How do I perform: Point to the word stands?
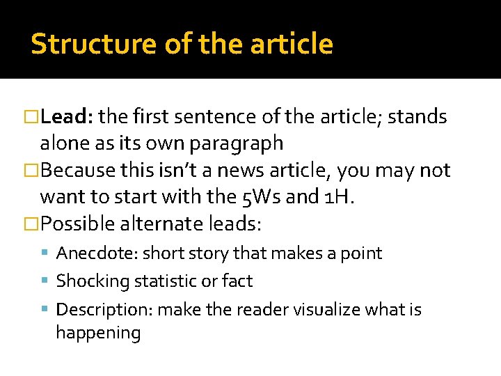click(x=417, y=117)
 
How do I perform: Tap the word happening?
click(x=98, y=333)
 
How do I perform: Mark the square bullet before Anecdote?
click(x=47, y=253)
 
